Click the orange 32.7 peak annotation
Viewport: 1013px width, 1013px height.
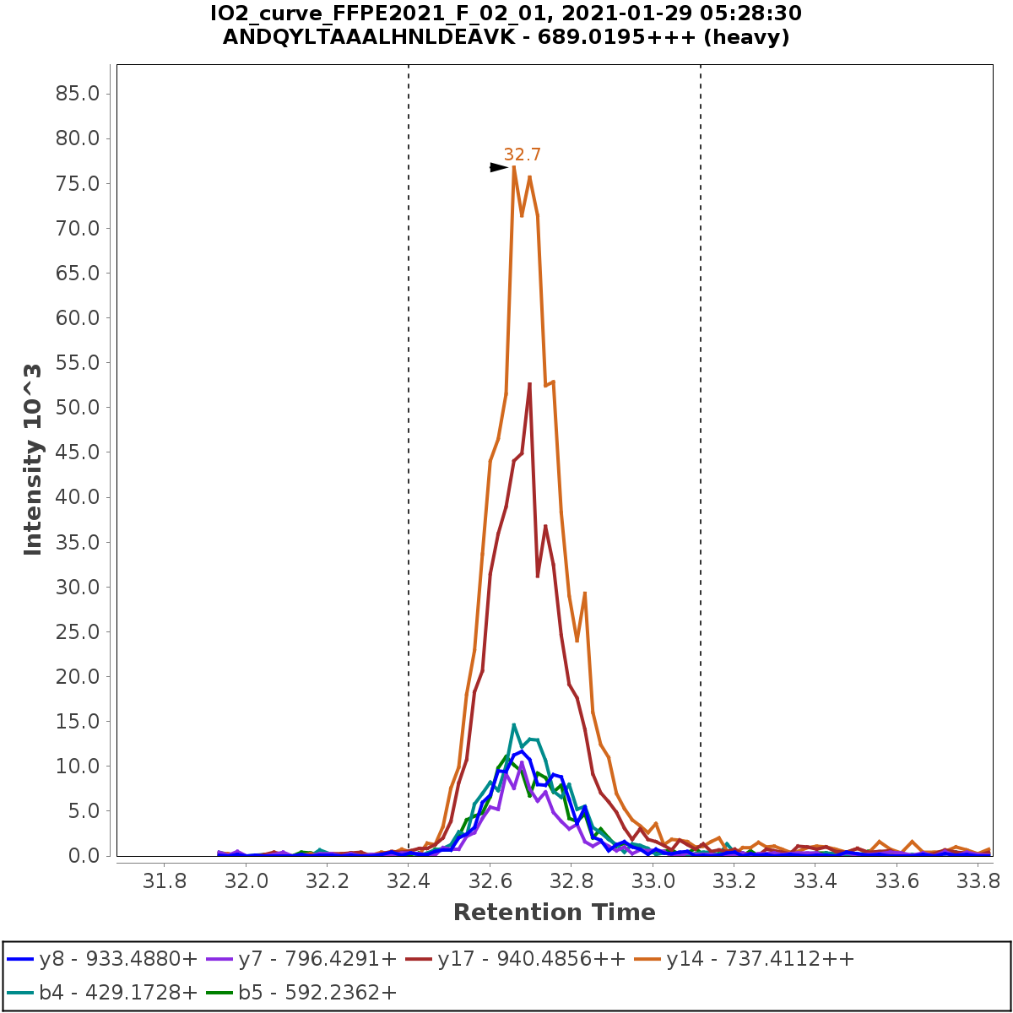tap(522, 154)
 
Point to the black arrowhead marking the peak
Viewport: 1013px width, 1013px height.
tap(499, 167)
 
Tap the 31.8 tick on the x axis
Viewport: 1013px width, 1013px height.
tap(164, 882)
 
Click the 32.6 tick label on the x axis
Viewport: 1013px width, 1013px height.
tap(490, 882)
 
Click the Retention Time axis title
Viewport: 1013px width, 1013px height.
tap(554, 913)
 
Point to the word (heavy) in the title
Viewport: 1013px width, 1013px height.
tap(750, 37)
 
